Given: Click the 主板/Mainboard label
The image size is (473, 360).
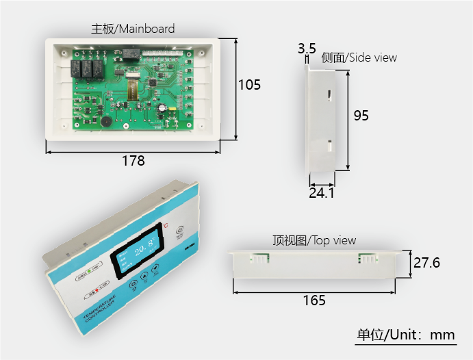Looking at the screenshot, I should [133, 29].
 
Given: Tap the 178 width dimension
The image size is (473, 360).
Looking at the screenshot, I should [133, 161].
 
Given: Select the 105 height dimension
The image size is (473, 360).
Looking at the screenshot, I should [249, 85].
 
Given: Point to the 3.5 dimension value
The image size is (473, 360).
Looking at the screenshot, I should [306, 48].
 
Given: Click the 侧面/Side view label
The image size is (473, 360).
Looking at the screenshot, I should [359, 57].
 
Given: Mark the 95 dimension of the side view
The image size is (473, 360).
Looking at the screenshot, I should [361, 116].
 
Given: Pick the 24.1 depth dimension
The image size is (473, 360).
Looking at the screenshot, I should [321, 194].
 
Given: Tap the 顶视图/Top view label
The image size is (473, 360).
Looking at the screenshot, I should [314, 240].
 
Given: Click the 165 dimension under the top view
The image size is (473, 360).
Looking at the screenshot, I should [314, 300].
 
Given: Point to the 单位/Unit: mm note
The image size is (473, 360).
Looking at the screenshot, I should [405, 335].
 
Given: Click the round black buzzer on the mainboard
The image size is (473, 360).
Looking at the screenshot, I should [107, 120].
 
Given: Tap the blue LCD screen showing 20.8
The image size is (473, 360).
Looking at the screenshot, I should [141, 250].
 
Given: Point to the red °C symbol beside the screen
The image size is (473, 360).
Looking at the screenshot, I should [165, 225].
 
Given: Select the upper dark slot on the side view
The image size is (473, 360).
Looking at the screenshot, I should [329, 95].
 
